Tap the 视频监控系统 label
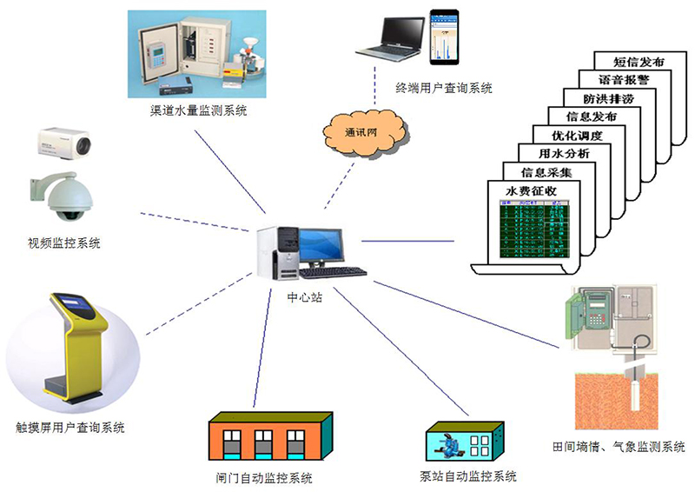[x=64, y=243]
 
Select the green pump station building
[x=462, y=442]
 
